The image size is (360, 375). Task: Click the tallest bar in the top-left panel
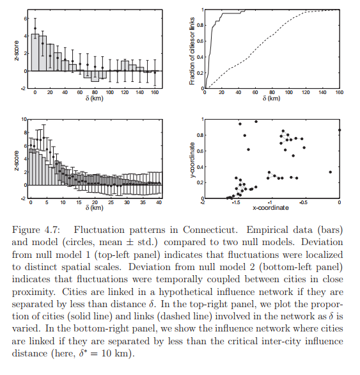click(35, 52)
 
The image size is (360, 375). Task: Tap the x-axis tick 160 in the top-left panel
click(155, 92)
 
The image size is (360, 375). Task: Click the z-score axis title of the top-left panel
click(16, 51)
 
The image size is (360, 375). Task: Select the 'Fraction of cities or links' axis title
click(192, 51)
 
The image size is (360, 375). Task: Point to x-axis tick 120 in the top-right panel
click(306, 92)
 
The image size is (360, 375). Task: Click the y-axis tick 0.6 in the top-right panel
click(200, 41)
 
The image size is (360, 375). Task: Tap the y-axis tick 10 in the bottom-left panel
click(24, 119)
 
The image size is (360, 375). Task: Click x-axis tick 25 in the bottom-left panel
click(111, 202)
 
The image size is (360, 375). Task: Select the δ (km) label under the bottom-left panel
click(95, 207)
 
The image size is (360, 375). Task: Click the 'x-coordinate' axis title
click(271, 207)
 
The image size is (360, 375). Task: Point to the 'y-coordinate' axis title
click(192, 160)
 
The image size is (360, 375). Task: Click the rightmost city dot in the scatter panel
click(340, 130)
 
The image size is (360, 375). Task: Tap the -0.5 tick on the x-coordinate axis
click(304, 203)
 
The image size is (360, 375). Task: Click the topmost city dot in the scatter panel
click(256, 122)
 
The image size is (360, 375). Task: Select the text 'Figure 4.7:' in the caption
click(36, 230)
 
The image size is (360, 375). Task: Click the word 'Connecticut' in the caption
click(210, 230)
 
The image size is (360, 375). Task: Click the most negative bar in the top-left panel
click(95, 76)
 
